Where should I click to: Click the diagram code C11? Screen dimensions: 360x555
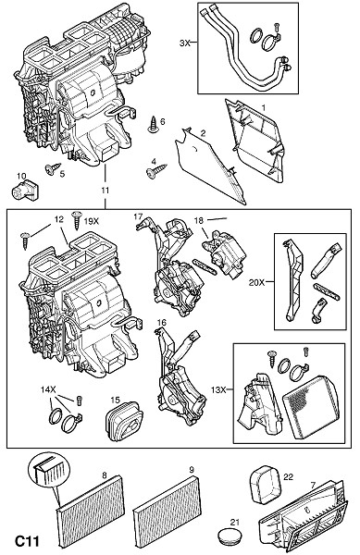pyautogui.click(x=27, y=541)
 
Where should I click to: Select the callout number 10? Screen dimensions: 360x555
pyautogui.click(x=21, y=176)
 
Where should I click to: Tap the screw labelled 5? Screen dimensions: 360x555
pyautogui.click(x=52, y=168)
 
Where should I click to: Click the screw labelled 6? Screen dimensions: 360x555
pyautogui.click(x=154, y=125)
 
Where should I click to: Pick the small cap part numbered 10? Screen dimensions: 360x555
pyautogui.click(x=25, y=190)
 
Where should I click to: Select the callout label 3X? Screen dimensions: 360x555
pyautogui.click(x=185, y=43)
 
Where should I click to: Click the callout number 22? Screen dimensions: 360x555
pyautogui.click(x=288, y=476)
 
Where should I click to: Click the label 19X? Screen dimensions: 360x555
pyautogui.click(x=92, y=221)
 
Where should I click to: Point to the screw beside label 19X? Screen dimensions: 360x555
pyautogui.click(x=77, y=221)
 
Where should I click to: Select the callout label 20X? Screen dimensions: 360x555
pyautogui.click(x=256, y=282)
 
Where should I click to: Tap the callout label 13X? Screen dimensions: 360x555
pyautogui.click(x=218, y=389)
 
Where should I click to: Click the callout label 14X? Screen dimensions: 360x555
pyautogui.click(x=48, y=390)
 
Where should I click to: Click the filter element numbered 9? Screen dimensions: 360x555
pyautogui.click(x=168, y=502)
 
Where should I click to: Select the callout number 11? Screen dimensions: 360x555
pyautogui.click(x=105, y=190)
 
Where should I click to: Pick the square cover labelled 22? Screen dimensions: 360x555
pyautogui.click(x=266, y=484)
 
